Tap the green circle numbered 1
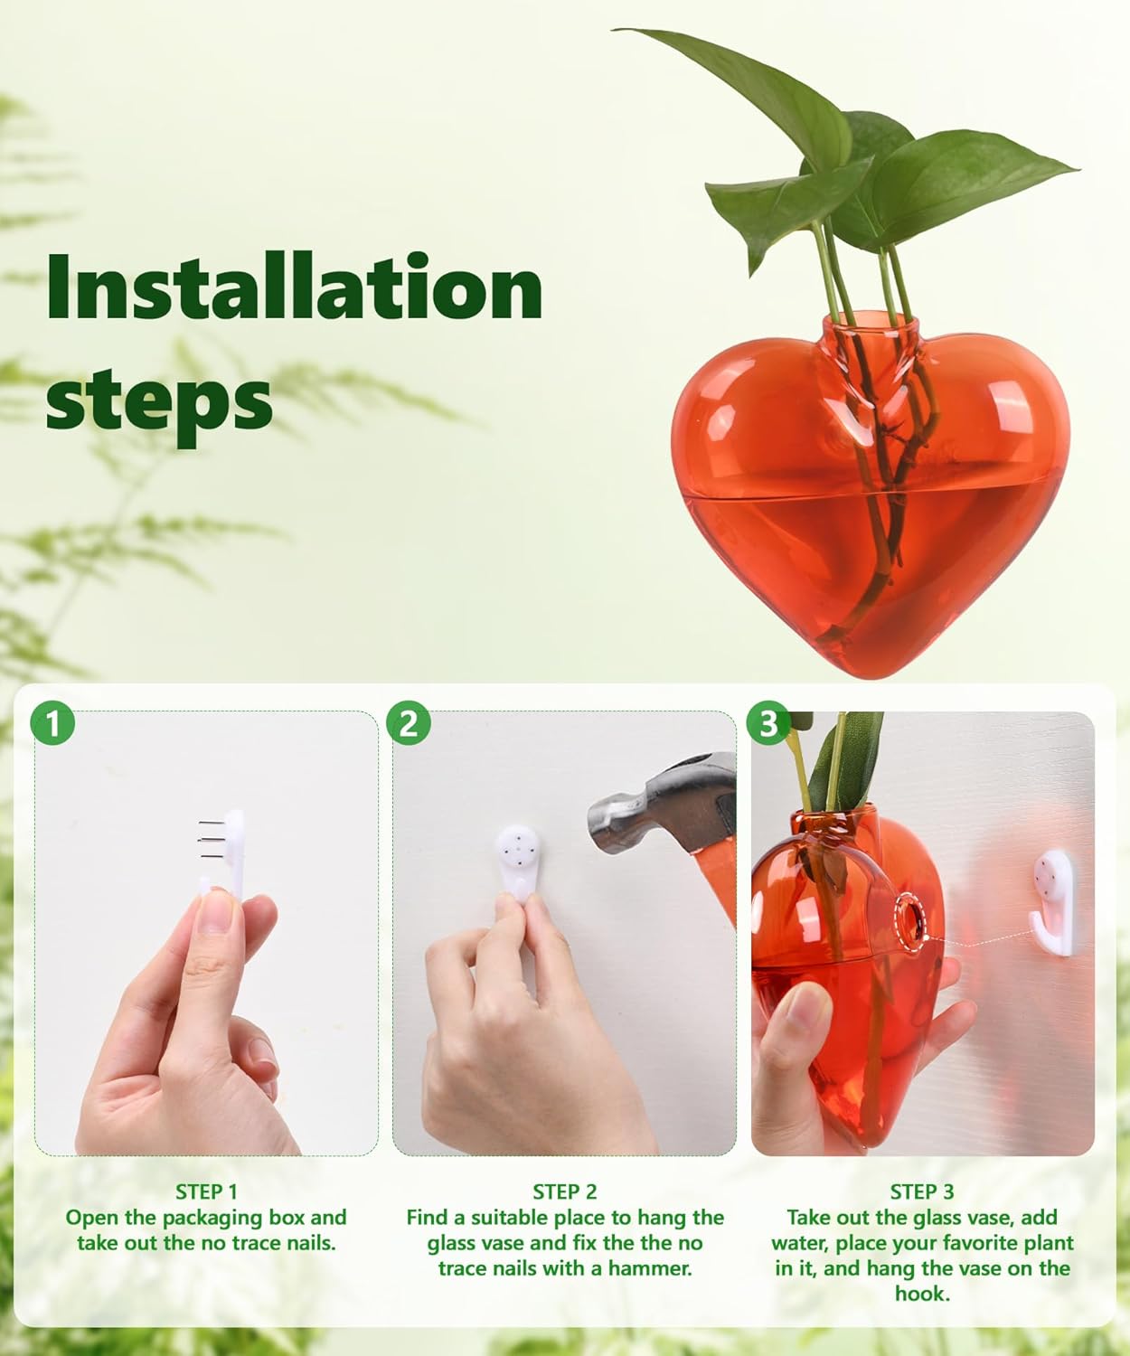tap(52, 724)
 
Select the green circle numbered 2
tap(409, 724)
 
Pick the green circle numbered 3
tap(767, 724)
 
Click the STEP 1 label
tap(206, 1191)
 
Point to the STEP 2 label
tap(564, 1191)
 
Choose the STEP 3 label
tap(921, 1191)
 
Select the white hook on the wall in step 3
tap(1054, 899)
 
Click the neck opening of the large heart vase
tap(870, 322)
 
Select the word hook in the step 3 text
tap(922, 1294)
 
